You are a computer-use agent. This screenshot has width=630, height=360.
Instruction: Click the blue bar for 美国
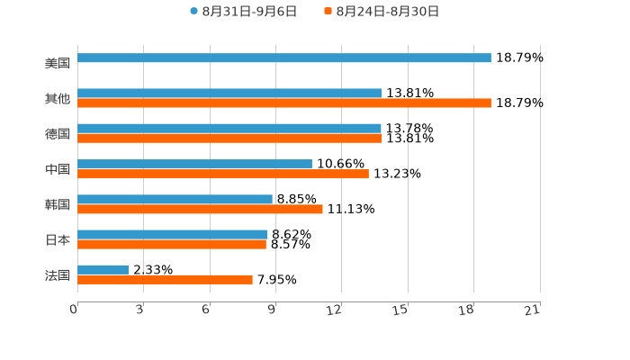(284, 58)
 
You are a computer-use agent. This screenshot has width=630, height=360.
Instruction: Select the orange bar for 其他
(284, 103)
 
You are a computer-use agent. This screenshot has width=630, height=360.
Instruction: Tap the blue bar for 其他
(229, 93)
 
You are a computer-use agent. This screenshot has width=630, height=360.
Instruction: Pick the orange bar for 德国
(229, 139)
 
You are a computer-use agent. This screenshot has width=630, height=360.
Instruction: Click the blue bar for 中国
(194, 164)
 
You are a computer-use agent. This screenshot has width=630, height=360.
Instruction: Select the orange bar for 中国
(223, 174)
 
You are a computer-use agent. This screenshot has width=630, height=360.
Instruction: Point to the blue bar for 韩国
(175, 199)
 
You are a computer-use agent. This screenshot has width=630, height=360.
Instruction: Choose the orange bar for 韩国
(200, 209)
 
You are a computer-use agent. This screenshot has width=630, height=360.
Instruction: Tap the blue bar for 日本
(172, 234)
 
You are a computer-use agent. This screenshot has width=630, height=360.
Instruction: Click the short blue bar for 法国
(103, 269)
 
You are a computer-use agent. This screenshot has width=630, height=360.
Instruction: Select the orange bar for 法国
(165, 280)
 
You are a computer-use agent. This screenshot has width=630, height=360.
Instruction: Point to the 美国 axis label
(58, 64)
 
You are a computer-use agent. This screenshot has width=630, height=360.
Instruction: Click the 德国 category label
(58, 134)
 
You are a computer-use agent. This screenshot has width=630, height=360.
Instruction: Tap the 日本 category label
(58, 240)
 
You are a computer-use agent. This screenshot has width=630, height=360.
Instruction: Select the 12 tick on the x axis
(335, 310)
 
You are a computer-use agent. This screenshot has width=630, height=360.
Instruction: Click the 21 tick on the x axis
(533, 310)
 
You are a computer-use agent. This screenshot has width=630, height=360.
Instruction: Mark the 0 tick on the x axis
(74, 310)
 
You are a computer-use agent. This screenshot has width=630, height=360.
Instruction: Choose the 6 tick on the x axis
(206, 310)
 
